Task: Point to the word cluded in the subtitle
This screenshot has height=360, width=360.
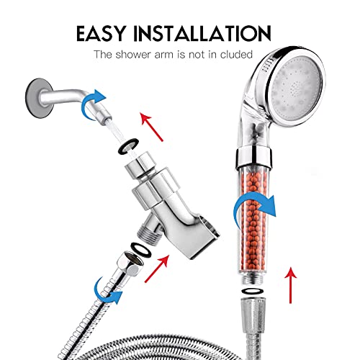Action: [235, 54]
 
